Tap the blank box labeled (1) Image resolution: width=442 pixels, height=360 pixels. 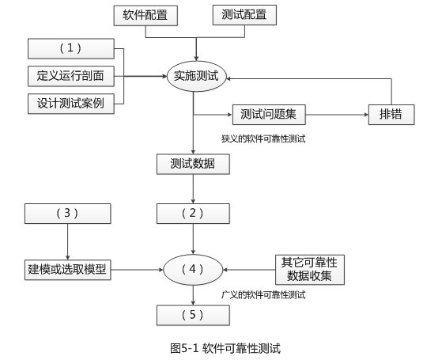point(70,48)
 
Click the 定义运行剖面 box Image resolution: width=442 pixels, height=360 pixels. point(70,76)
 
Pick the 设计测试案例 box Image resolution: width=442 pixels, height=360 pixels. point(70,102)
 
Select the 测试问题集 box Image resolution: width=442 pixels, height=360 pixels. point(269,113)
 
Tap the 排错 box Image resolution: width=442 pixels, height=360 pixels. point(391,113)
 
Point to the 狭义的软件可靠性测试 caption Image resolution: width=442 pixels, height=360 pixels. point(264,138)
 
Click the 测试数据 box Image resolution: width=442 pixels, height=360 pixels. point(194,165)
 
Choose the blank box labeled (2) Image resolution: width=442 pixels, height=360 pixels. point(194,213)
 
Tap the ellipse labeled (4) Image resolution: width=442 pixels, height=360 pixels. point(194,269)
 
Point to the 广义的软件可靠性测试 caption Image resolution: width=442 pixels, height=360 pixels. point(264,294)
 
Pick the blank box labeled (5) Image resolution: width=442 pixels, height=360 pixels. point(194,315)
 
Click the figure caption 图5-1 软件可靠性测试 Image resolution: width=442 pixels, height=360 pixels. point(225,347)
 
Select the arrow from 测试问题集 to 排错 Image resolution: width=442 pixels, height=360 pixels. point(337,113)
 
